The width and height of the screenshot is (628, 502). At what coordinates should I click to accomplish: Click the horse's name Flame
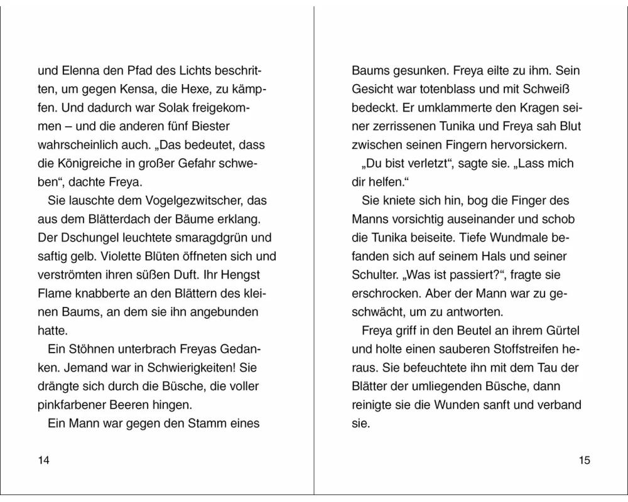coord(53,293)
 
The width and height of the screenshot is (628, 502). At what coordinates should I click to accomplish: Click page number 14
coord(43,461)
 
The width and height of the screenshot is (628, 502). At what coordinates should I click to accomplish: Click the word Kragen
coord(527,107)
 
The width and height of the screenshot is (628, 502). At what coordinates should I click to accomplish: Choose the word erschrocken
coord(384,293)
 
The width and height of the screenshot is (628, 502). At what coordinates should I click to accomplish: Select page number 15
coord(585,461)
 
